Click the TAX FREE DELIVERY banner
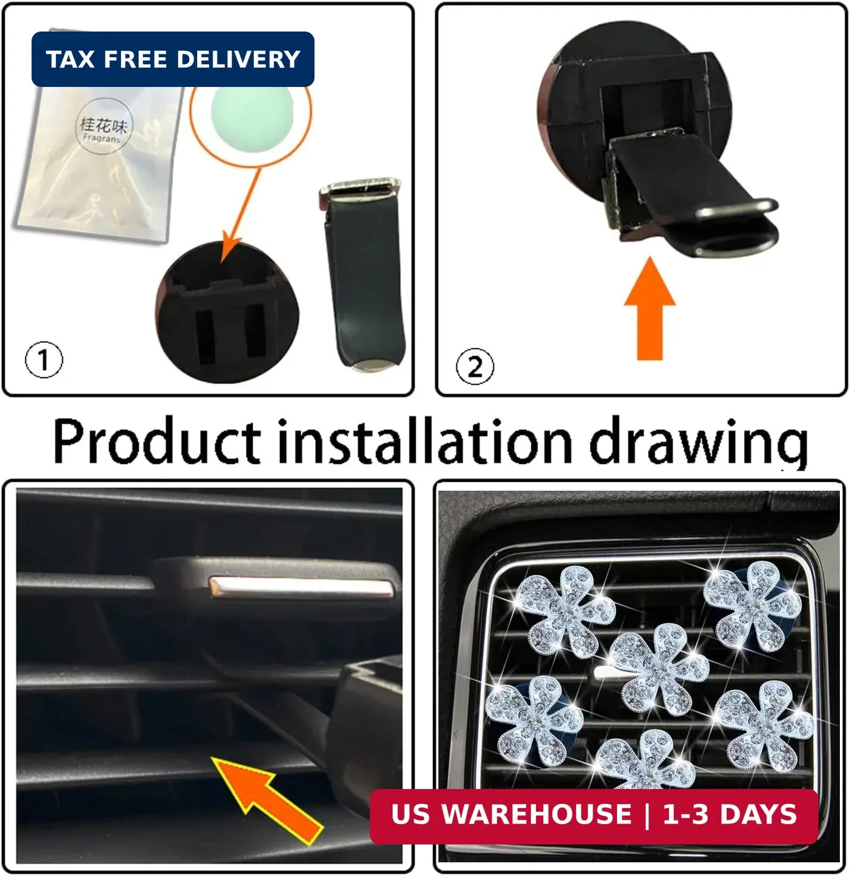click(173, 59)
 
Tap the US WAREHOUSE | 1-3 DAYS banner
click(594, 814)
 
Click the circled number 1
click(43, 360)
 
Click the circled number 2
click(475, 366)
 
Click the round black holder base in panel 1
click(227, 313)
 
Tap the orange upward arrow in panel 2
click(650, 308)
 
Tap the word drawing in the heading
click(698, 444)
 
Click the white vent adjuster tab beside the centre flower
click(606, 674)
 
